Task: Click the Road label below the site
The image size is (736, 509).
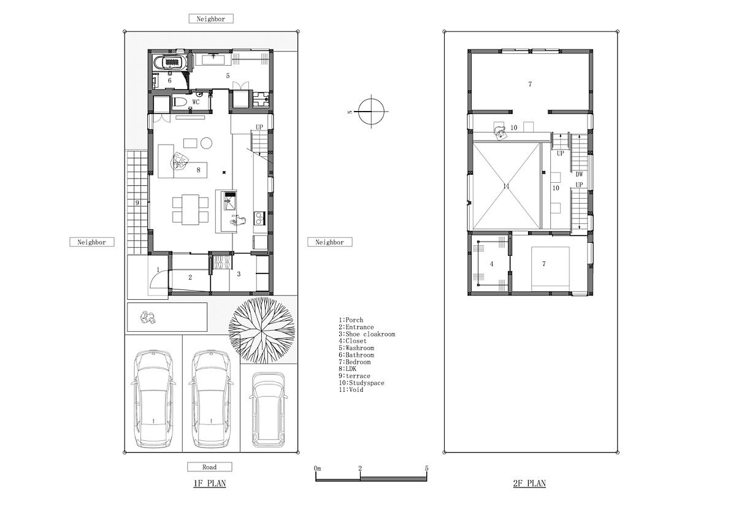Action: tap(210, 467)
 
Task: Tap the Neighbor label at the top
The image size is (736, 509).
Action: tap(211, 19)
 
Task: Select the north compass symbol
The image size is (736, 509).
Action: tap(371, 112)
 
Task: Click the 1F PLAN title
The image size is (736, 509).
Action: tap(210, 483)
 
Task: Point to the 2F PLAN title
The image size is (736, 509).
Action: tap(529, 483)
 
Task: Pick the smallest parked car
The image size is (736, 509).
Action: tap(268, 410)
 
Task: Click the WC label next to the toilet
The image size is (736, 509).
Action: tap(196, 102)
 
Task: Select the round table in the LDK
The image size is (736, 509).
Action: tap(206, 143)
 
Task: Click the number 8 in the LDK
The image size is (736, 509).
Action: tap(199, 170)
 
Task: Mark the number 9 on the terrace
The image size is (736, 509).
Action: tap(137, 203)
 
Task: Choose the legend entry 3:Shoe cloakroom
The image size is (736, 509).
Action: tap(367, 334)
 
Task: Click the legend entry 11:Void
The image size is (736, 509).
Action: tap(351, 389)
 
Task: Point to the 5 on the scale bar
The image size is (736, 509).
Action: tap(426, 469)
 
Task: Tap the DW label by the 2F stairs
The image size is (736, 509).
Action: tap(579, 175)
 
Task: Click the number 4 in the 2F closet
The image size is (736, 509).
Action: tap(491, 264)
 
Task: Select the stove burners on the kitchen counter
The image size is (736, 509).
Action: tap(259, 218)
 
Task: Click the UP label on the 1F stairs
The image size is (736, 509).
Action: tap(259, 127)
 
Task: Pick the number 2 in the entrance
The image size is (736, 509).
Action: tap(190, 277)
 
